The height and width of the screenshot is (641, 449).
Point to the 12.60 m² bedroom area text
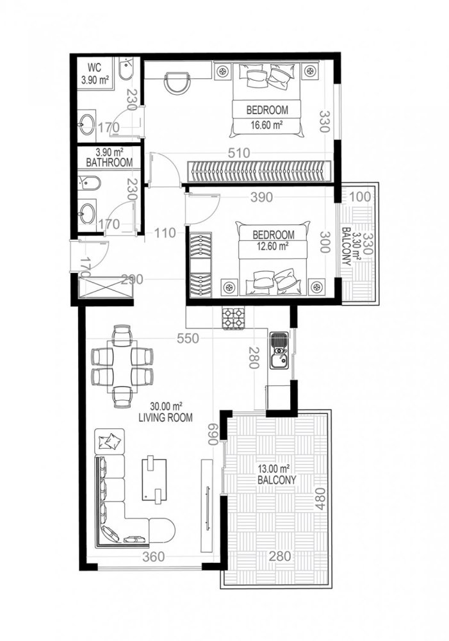(273, 244)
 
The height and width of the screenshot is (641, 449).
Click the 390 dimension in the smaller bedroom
(261, 196)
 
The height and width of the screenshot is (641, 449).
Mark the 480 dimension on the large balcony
(321, 495)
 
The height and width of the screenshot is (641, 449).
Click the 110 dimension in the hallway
(165, 233)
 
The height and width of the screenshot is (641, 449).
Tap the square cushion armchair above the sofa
(110, 440)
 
